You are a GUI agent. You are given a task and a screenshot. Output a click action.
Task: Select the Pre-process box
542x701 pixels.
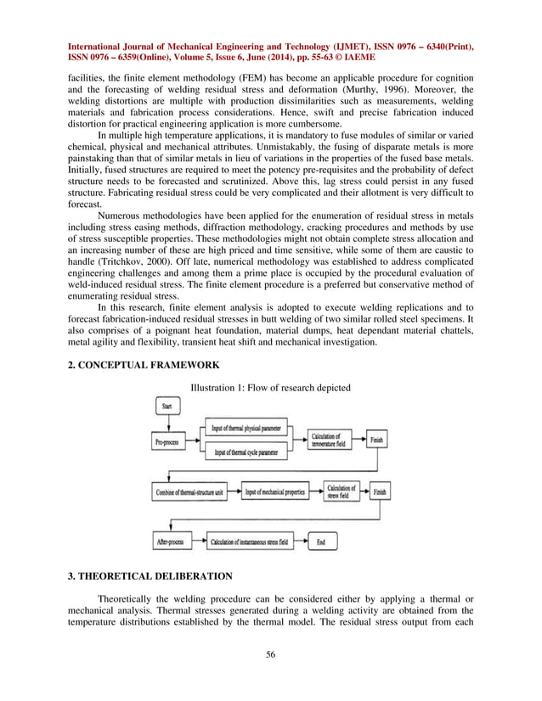pyautogui.click(x=171, y=441)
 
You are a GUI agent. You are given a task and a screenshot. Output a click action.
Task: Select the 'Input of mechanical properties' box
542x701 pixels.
pyautogui.click(x=275, y=491)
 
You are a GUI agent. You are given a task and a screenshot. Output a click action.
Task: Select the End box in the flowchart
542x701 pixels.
pyautogui.click(x=320, y=541)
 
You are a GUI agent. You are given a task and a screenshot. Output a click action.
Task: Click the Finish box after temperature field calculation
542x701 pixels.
pyautogui.click(x=377, y=441)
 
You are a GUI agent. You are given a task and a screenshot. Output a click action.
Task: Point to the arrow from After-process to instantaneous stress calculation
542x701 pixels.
pyautogui.click(x=198, y=541)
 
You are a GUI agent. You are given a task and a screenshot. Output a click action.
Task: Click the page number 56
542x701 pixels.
pyautogui.click(x=270, y=653)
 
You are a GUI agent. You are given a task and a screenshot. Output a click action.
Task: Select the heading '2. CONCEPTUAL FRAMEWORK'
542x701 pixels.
pyautogui.click(x=143, y=365)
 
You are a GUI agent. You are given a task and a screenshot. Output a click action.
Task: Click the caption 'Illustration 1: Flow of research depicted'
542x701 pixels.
pyautogui.click(x=269, y=388)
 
